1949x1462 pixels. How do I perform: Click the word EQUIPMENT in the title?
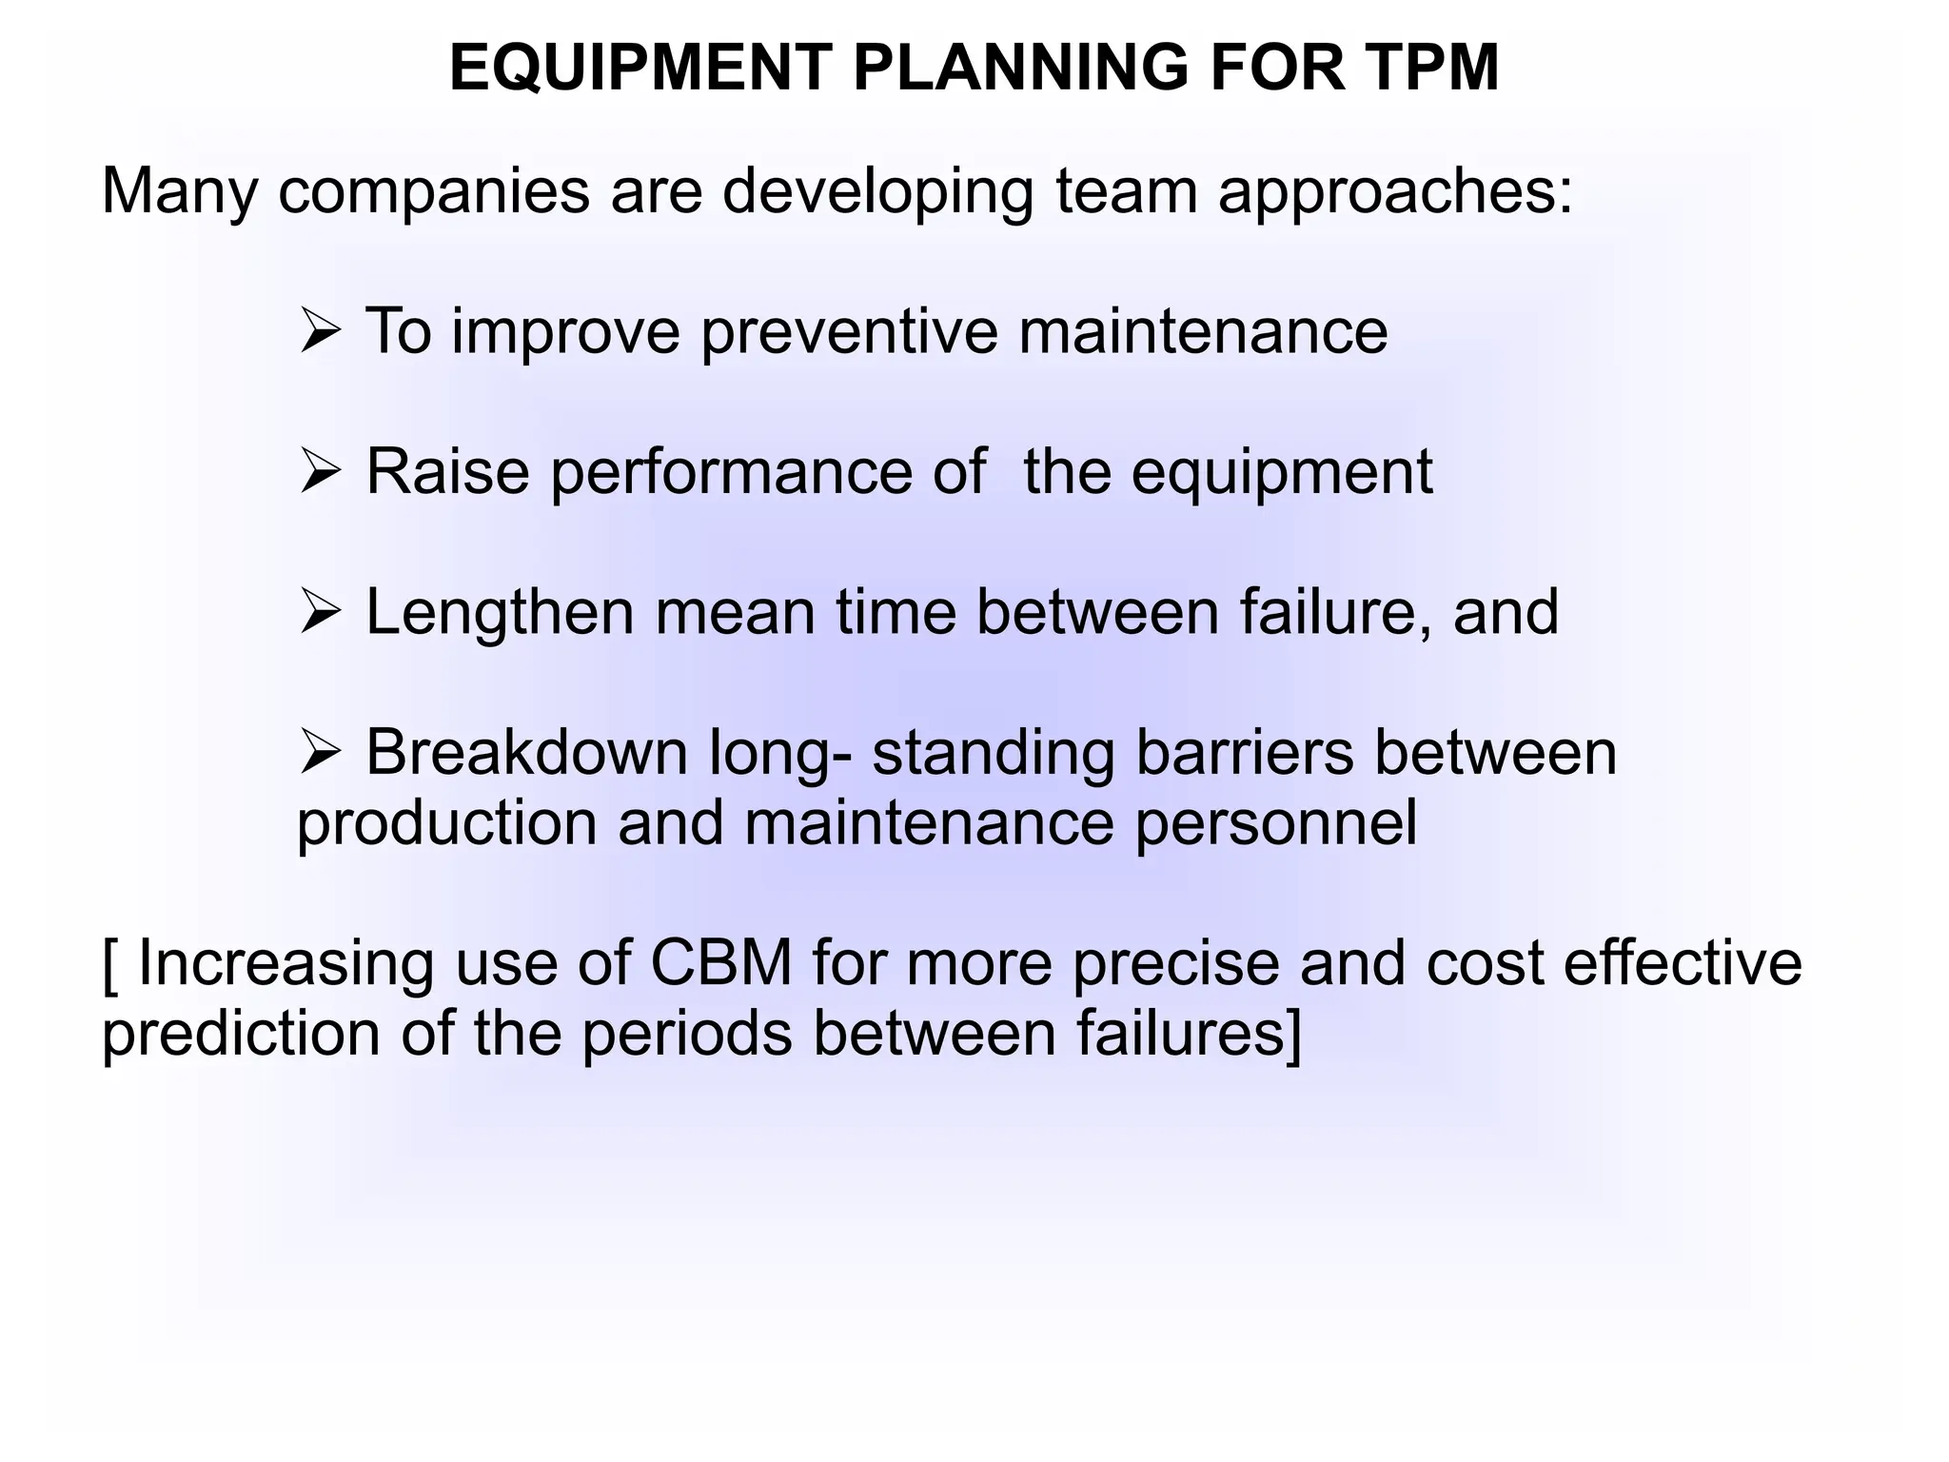point(640,69)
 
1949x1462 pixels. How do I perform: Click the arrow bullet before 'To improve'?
point(319,333)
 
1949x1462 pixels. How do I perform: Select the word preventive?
point(849,333)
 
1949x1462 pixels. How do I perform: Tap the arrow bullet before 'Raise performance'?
point(319,473)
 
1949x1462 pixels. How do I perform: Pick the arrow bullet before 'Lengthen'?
point(319,613)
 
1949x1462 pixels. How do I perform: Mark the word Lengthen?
point(500,613)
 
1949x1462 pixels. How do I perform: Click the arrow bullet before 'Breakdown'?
point(319,753)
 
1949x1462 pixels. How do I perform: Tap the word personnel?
point(1275,824)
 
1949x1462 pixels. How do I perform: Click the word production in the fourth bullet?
point(447,824)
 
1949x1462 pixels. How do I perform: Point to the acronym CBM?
point(720,963)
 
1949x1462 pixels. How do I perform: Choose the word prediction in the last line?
point(241,1035)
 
